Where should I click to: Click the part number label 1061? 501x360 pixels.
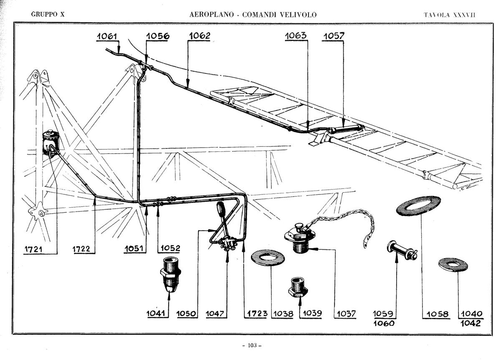pyautogui.click(x=107, y=36)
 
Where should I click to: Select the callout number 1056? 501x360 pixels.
pyautogui.click(x=157, y=36)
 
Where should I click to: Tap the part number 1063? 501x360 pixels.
pyautogui.click(x=296, y=36)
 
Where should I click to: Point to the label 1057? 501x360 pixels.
pyautogui.click(x=334, y=36)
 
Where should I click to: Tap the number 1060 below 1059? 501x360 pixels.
pyautogui.click(x=384, y=323)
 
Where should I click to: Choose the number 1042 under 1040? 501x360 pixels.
pyautogui.click(x=471, y=323)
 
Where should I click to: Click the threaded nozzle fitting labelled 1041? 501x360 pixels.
pyautogui.click(x=170, y=276)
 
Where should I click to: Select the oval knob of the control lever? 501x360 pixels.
pyautogui.click(x=221, y=208)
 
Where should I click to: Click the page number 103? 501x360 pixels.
pyautogui.click(x=251, y=345)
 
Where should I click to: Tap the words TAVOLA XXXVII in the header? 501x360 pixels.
pyautogui.click(x=450, y=15)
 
